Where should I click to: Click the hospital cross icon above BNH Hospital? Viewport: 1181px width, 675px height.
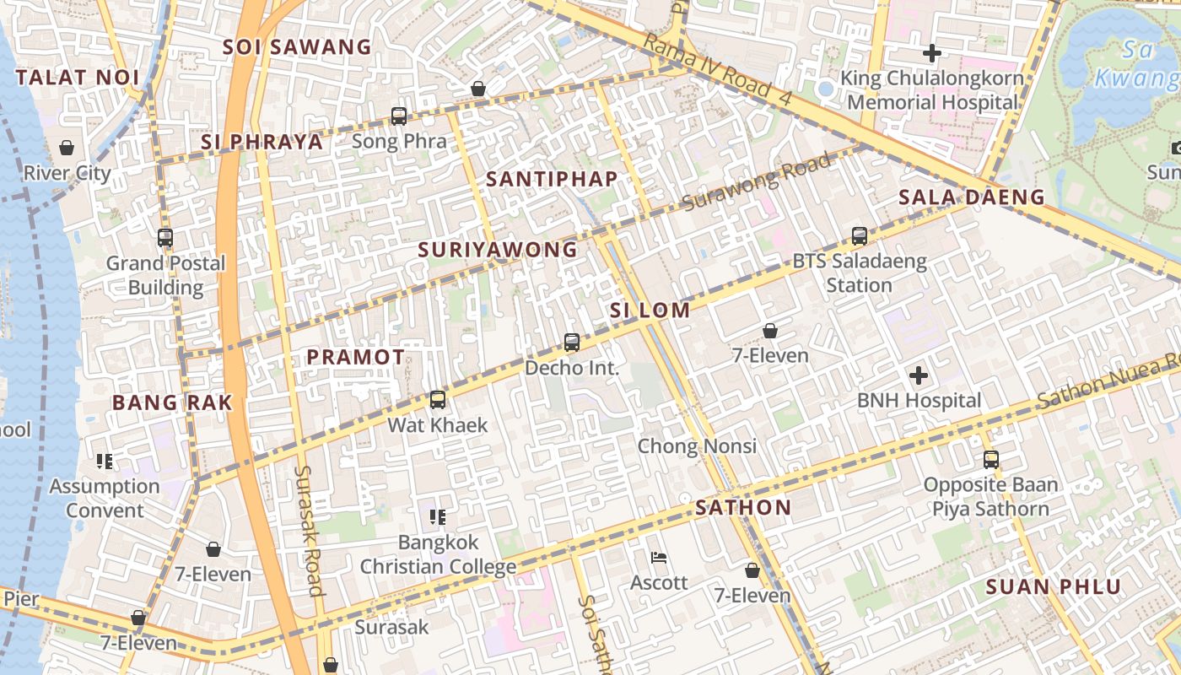click(919, 375)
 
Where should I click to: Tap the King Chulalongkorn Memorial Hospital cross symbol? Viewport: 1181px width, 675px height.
click(931, 54)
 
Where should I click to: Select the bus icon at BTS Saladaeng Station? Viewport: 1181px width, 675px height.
click(860, 236)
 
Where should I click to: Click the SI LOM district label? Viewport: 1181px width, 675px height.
click(650, 310)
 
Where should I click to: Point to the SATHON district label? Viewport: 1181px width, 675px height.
click(743, 508)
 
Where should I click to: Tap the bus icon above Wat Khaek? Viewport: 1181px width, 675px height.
click(437, 400)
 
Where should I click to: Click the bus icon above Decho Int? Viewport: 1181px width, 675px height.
click(572, 343)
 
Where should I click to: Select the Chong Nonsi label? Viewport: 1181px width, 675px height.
click(697, 445)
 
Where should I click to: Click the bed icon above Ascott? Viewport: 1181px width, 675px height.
click(660, 558)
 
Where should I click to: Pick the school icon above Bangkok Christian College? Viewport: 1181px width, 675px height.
click(437, 516)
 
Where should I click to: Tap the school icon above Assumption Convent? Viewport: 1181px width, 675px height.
click(105, 462)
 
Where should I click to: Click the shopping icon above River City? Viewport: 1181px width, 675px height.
click(67, 148)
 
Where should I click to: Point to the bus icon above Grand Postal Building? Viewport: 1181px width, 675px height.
click(165, 238)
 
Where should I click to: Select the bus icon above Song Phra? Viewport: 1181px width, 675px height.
click(399, 116)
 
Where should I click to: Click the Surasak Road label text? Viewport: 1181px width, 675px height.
click(309, 530)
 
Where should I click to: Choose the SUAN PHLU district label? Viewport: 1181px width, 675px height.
click(1054, 587)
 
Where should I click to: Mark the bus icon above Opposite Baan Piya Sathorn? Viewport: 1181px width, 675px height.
click(991, 460)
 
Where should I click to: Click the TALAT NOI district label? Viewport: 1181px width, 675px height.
click(77, 78)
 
